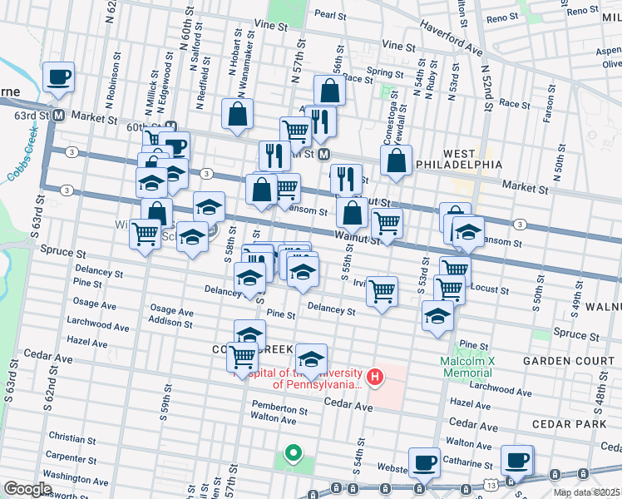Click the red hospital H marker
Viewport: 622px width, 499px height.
(x=375, y=378)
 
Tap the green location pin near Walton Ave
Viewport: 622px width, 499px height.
(x=293, y=454)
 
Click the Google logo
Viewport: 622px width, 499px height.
(x=28, y=489)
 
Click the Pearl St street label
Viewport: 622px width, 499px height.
(x=330, y=14)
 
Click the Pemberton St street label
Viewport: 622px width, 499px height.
(x=279, y=409)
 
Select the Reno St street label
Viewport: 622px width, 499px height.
(x=501, y=17)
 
